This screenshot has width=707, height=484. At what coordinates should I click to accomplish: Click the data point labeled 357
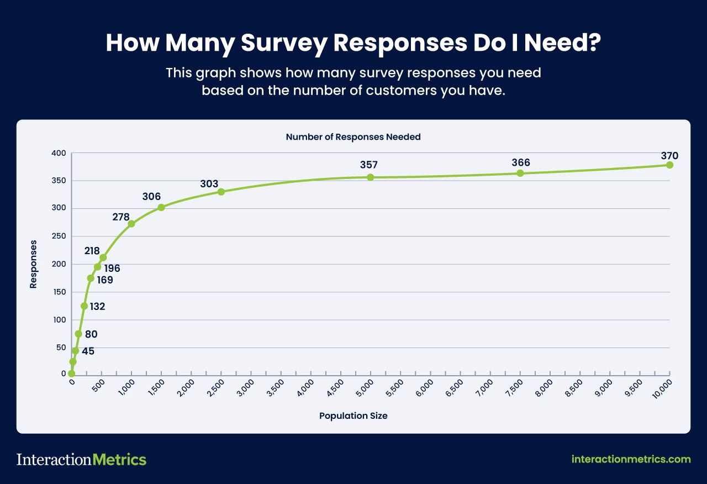(x=370, y=177)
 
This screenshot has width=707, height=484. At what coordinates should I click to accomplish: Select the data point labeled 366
(x=520, y=173)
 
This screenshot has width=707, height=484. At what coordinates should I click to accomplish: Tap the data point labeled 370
(x=669, y=165)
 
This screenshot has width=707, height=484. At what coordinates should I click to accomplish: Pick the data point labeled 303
(x=221, y=192)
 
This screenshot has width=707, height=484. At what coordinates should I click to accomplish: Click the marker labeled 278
(x=131, y=224)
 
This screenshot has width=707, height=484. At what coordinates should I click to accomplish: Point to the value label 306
(x=151, y=196)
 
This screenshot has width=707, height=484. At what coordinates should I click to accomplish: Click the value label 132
(x=97, y=307)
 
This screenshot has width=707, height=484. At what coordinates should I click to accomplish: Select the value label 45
(x=88, y=351)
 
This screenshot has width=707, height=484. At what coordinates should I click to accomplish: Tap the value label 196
(x=112, y=269)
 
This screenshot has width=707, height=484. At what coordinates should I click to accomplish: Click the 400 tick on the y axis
(x=59, y=153)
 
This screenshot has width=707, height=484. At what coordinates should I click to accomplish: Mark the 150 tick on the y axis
(x=59, y=292)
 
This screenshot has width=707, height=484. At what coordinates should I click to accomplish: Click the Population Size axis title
(x=353, y=415)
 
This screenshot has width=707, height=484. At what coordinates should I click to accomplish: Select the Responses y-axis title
(x=34, y=264)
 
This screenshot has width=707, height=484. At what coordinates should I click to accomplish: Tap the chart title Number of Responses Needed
(x=353, y=136)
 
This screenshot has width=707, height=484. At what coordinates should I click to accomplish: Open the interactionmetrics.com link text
(x=631, y=459)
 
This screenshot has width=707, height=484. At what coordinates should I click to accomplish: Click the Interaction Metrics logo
(x=81, y=459)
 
